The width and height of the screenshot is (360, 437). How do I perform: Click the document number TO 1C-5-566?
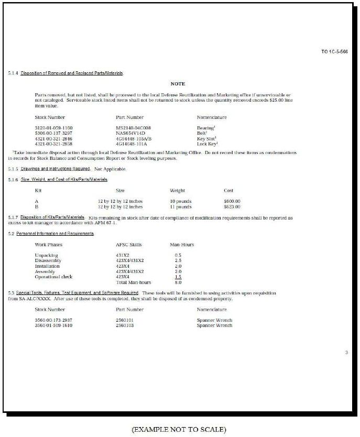click(x=334, y=52)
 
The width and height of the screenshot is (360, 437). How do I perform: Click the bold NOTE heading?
click(x=178, y=84)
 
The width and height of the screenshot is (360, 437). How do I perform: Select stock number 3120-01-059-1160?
click(x=53, y=128)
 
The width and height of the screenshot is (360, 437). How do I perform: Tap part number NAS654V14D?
click(x=130, y=133)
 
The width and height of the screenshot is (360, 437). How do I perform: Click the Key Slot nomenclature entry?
click(x=207, y=138)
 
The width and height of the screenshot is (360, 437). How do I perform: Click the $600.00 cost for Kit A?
click(x=232, y=201)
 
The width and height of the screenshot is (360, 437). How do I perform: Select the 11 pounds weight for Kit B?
click(x=181, y=206)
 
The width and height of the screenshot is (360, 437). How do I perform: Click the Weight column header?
click(x=178, y=191)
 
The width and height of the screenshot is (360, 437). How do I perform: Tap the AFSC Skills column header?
click(x=128, y=245)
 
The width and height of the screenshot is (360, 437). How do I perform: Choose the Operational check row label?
click(x=53, y=277)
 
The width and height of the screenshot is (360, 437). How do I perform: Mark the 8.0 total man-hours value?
click(x=178, y=282)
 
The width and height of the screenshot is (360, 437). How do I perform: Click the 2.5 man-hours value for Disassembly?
click(x=178, y=260)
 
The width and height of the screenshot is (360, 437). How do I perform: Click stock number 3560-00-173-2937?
click(x=53, y=320)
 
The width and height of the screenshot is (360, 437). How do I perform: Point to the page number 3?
click(x=346, y=353)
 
